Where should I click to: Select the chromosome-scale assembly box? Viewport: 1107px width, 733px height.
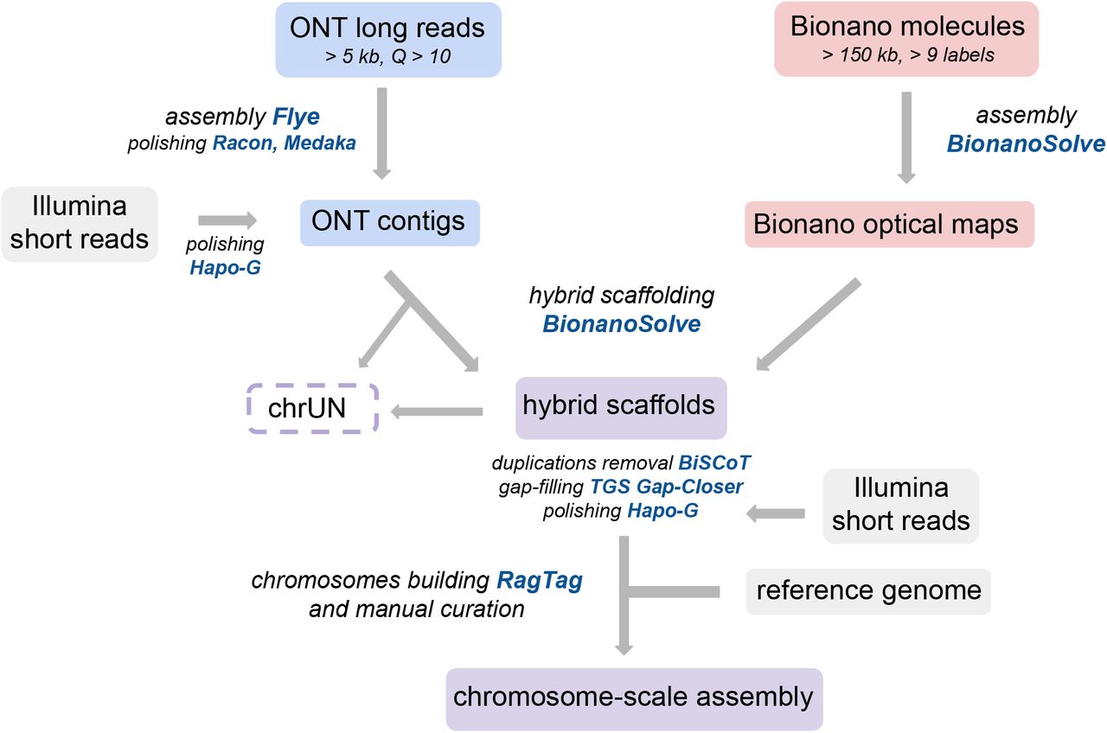[634, 697]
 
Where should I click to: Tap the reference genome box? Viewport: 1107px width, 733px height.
[868, 590]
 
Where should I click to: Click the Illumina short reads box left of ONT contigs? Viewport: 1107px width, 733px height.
[80, 223]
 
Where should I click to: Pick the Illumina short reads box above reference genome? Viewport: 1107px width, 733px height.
[900, 506]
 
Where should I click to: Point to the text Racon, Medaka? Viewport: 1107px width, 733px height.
[284, 143]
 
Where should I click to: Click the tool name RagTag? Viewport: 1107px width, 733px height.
[539, 580]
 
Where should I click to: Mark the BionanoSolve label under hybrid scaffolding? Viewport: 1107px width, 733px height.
[621, 324]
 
